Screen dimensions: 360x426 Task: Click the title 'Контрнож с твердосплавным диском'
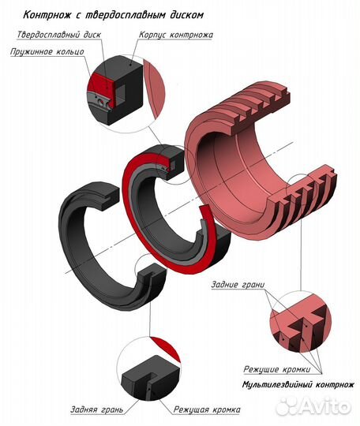pyautogui.click(x=113, y=15)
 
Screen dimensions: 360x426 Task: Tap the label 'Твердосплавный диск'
pyautogui.click(x=58, y=35)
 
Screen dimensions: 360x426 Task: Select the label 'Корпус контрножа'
pyautogui.click(x=176, y=35)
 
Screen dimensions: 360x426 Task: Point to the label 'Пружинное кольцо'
pyautogui.click(x=47, y=51)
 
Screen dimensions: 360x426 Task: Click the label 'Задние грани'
pyautogui.click(x=238, y=285)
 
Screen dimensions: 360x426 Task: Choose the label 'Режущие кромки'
pyautogui.click(x=277, y=369)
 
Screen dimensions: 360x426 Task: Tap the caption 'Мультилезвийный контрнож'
pyautogui.click(x=298, y=385)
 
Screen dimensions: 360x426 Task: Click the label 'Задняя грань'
pyautogui.click(x=97, y=409)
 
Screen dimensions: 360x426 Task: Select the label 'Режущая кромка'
pyautogui.click(x=207, y=409)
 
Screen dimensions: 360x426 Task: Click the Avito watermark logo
pyautogui.click(x=316, y=406)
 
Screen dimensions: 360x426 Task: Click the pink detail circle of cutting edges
pyautogui.click(x=300, y=321)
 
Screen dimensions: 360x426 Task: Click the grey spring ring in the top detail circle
pyautogui.click(x=100, y=102)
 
